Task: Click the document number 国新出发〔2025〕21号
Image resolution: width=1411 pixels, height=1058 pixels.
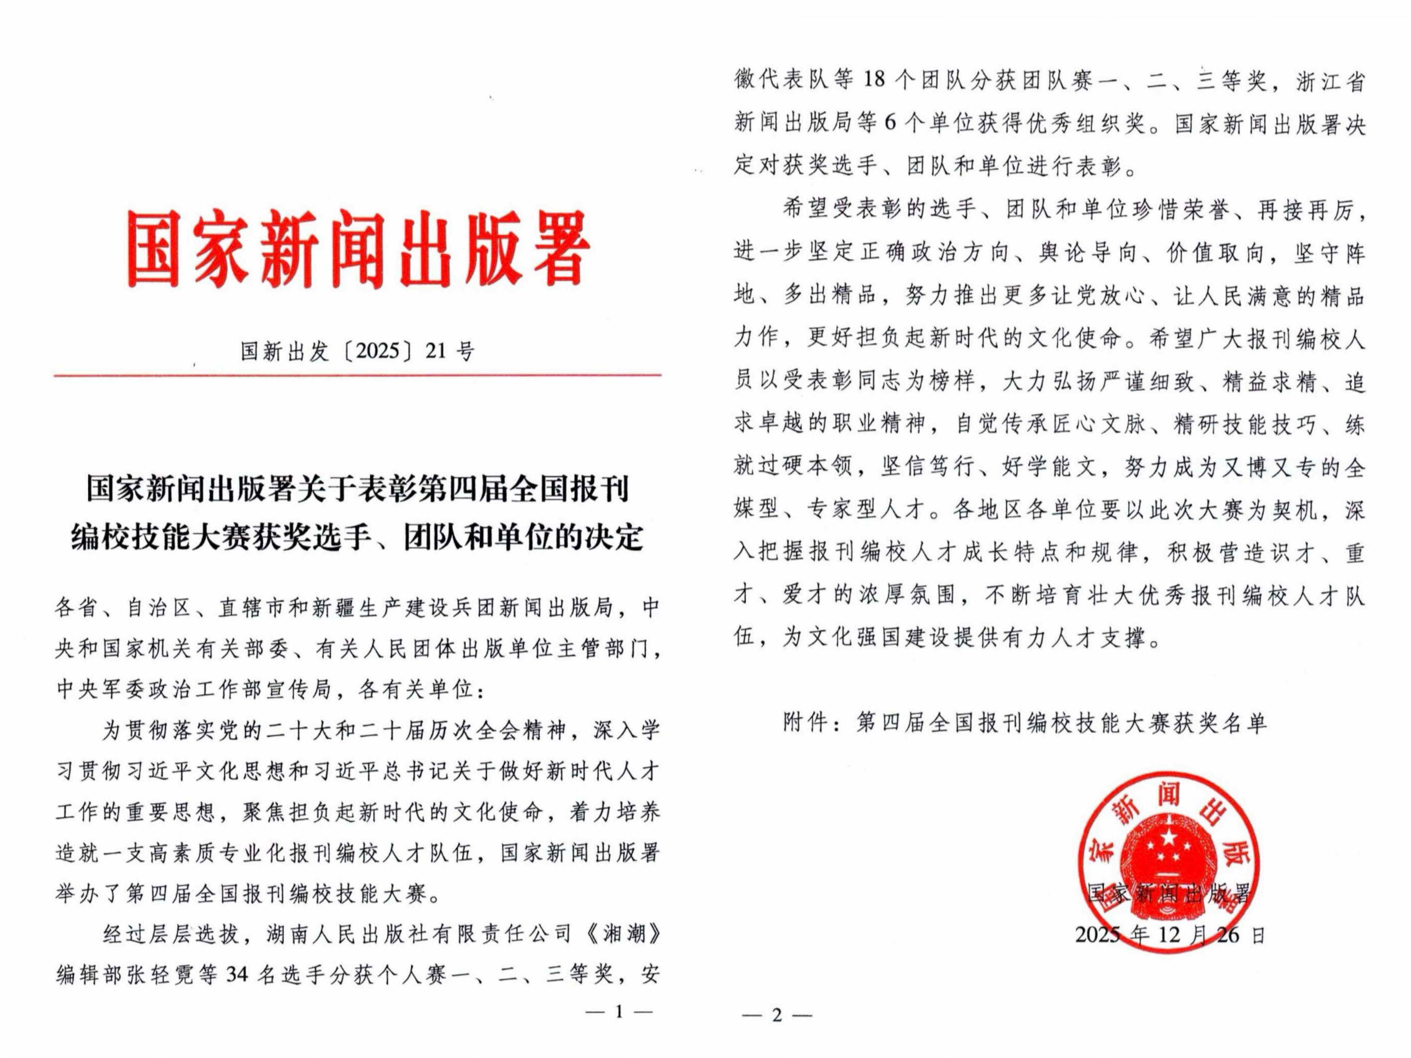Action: click(357, 351)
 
